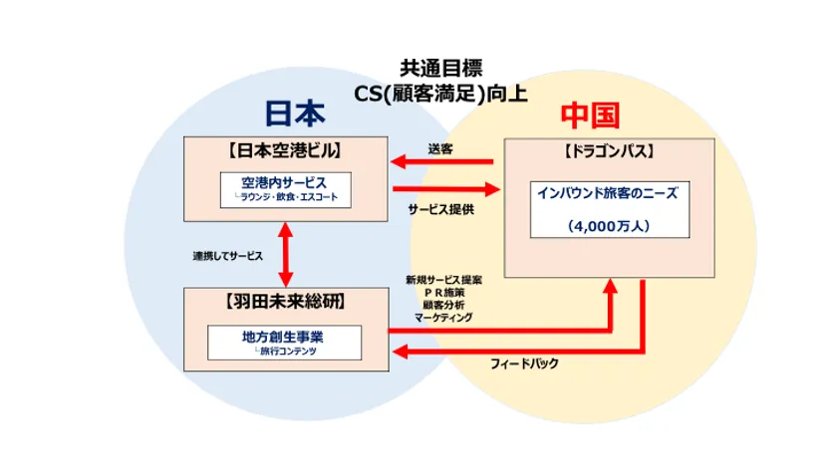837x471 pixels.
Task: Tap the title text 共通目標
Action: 441,69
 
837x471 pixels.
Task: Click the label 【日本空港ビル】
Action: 286,151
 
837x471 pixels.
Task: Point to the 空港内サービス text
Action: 284,182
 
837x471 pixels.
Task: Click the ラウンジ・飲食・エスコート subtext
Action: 289,197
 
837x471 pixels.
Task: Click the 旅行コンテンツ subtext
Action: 287,352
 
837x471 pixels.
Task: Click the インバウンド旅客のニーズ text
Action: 608,192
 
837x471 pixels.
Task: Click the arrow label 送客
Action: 439,149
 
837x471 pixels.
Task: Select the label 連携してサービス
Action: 228,256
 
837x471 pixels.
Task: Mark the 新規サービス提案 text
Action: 443,279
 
